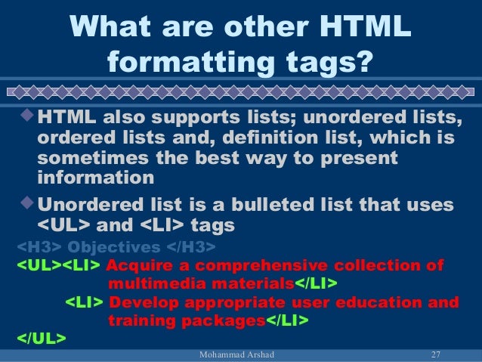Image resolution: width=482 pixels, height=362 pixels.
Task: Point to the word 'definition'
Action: coord(253,141)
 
